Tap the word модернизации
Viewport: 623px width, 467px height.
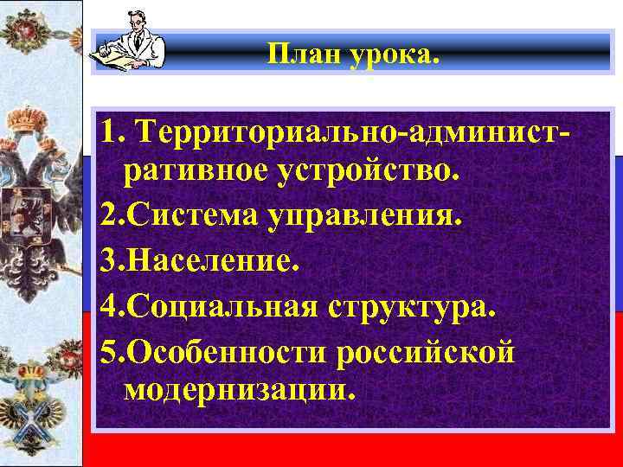(x=239, y=390)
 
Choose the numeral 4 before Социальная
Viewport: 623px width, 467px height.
(x=108, y=307)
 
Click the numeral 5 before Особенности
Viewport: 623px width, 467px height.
(x=108, y=352)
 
